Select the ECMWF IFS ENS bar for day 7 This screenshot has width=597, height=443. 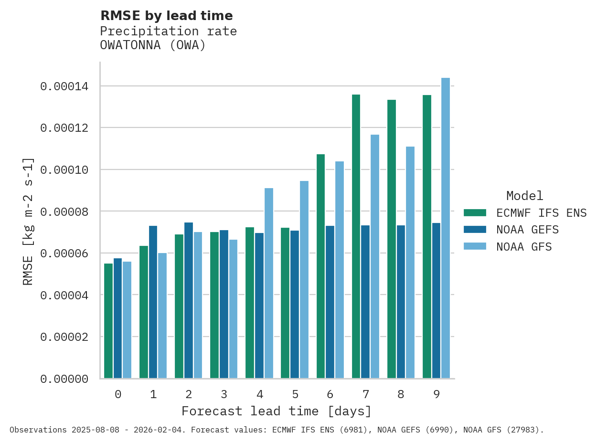(x=356, y=236)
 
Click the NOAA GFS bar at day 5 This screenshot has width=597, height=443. (x=304, y=279)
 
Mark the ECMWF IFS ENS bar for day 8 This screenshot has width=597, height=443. (x=392, y=239)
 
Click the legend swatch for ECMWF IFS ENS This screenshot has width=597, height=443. (x=475, y=212)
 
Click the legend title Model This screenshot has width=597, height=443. (x=524, y=196)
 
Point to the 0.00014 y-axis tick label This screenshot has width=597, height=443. (x=64, y=86)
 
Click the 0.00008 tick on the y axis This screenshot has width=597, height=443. (x=64, y=211)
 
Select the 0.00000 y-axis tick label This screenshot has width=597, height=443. (x=64, y=379)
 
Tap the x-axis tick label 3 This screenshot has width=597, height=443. (x=224, y=395)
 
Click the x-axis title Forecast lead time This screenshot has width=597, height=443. (x=276, y=411)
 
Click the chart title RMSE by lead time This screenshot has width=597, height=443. (x=166, y=16)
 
